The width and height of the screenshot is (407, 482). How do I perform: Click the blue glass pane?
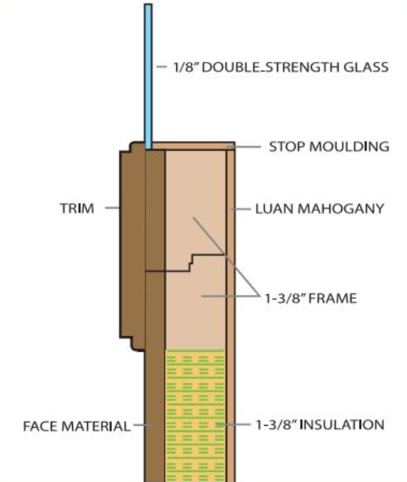coord(148,77)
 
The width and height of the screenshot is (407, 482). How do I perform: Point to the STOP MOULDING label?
coord(329,147)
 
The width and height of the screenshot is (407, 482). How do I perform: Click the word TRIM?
coord(77,208)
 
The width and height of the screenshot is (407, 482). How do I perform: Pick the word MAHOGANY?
coord(341,208)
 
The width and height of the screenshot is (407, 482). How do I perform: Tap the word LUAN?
coord(275,208)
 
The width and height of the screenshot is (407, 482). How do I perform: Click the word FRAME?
coord(332,299)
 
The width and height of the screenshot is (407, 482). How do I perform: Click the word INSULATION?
coord(342,425)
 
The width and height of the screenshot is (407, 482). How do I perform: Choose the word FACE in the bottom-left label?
coord(41,427)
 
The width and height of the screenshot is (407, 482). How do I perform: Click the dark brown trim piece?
coord(132,246)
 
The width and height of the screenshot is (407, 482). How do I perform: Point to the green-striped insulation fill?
coord(195,415)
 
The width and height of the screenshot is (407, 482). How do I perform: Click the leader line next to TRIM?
coord(113,208)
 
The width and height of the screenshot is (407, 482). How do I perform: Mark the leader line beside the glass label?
coord(162,67)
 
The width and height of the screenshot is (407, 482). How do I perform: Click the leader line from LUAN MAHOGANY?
coord(241,209)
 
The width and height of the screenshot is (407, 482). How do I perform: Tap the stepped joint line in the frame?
coord(185,263)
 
